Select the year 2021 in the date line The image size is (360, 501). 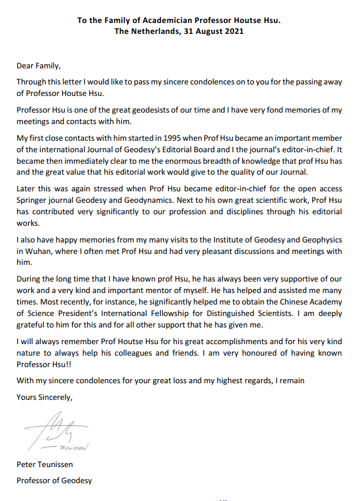233,32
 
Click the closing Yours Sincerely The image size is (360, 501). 45,396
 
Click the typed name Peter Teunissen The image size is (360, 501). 45,465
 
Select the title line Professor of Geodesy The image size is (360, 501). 54,480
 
